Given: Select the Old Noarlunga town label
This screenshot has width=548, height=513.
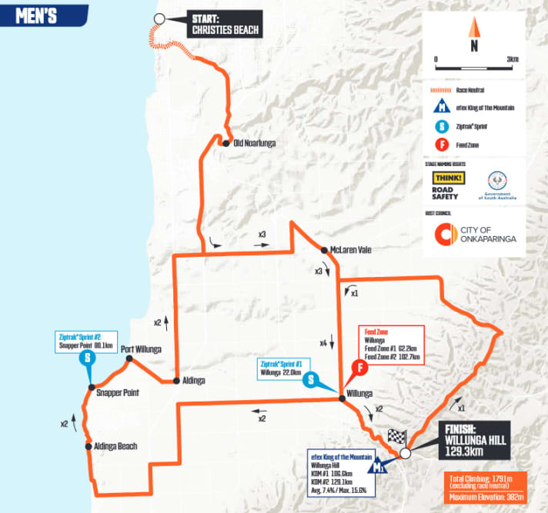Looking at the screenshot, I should click(x=254, y=143).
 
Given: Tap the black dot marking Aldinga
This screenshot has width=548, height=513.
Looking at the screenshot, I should click(x=176, y=381).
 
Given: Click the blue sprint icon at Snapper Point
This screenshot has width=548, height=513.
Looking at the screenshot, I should click(x=89, y=358).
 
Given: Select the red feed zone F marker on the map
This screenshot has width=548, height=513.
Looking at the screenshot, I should click(x=357, y=368).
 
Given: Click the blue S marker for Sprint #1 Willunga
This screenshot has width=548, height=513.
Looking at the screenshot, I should click(x=309, y=379).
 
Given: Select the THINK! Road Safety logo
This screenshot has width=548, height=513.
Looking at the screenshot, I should click(x=450, y=184).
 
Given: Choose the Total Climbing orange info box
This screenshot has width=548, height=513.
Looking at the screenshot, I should click(x=487, y=488).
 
